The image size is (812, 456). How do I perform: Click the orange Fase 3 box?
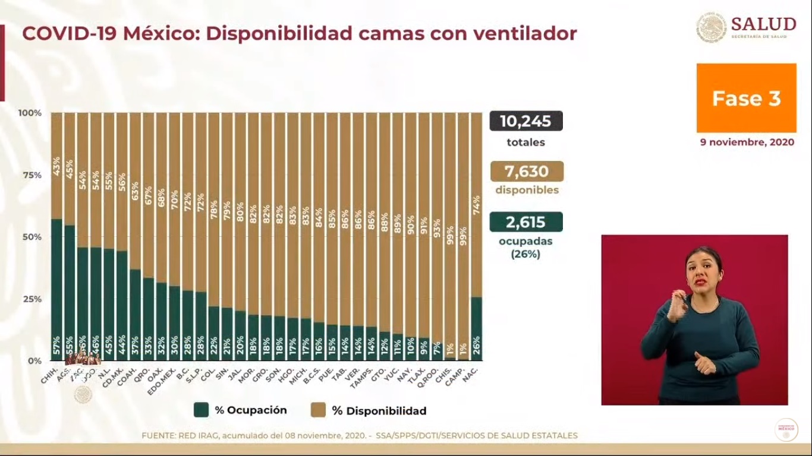(x=746, y=98)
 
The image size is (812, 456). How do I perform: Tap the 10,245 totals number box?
(x=525, y=121)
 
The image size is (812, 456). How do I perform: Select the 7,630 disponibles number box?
(x=527, y=172)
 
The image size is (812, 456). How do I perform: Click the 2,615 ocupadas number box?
(x=525, y=222)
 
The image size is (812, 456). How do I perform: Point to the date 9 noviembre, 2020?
(x=746, y=142)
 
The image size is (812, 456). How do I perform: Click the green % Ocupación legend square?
(x=202, y=410)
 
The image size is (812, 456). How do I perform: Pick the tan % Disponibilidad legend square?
(x=318, y=410)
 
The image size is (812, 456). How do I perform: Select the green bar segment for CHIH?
(x=56, y=285)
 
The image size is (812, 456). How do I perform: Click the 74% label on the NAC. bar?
(x=476, y=205)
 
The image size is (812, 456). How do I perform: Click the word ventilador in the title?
(x=524, y=33)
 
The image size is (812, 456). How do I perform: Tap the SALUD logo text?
(x=763, y=24)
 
